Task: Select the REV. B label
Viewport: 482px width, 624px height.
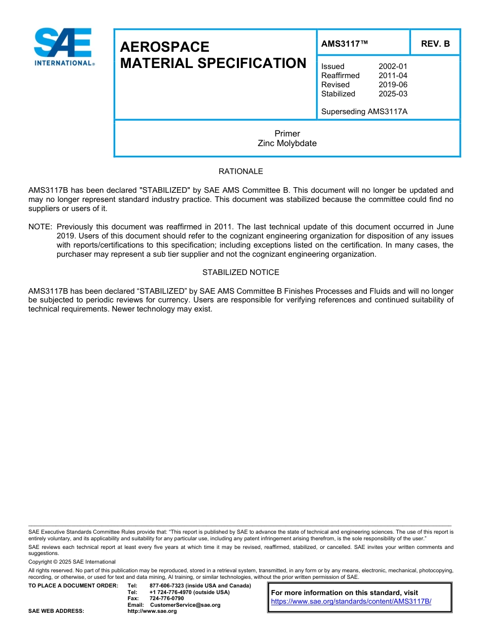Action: [435, 44]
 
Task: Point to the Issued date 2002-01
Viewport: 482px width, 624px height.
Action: [392, 66]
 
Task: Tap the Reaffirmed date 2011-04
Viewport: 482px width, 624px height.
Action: [392, 76]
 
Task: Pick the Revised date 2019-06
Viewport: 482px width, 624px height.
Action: [392, 85]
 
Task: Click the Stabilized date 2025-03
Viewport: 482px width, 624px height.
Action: [392, 94]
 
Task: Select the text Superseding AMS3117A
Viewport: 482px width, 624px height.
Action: [364, 112]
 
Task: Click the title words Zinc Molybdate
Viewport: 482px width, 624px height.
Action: [287, 144]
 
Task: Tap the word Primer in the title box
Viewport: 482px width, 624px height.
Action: [287, 134]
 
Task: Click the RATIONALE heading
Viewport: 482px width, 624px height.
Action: [240, 172]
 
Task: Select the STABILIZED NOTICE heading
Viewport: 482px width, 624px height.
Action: [240, 272]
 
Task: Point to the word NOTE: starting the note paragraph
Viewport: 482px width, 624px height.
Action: [41, 227]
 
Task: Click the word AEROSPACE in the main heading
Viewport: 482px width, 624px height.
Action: [164, 47]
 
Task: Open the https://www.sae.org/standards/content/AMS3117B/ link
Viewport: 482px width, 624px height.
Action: [351, 601]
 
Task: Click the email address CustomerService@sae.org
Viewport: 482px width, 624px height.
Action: [185, 605]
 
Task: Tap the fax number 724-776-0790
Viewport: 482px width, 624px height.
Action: [167, 599]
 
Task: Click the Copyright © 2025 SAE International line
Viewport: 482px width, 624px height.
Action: [72, 562]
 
